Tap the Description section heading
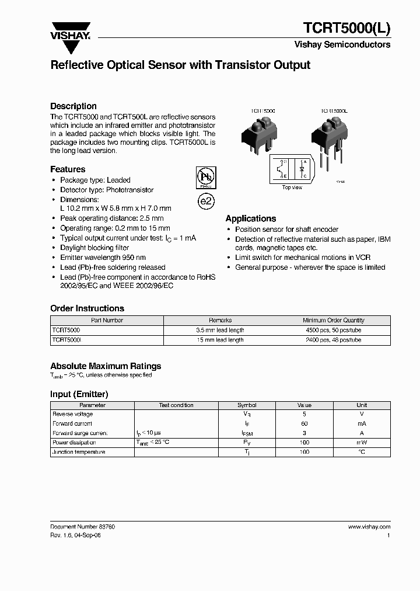point(73,106)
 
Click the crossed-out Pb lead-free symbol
point(205,178)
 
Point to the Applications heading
point(251,218)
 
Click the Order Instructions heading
point(87,308)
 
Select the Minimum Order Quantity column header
point(334,320)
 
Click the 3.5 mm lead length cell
point(220,330)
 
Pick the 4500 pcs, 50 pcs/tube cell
point(334,330)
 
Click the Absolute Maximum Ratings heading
point(106,366)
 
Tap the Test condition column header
point(176,405)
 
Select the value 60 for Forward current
point(304,423)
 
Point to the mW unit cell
point(362,443)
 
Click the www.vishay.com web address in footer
point(369,527)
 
